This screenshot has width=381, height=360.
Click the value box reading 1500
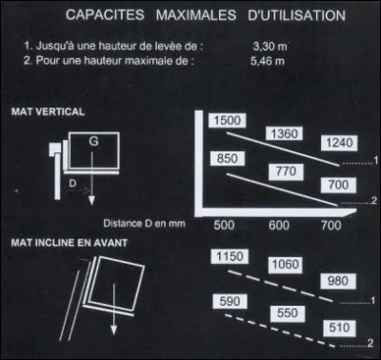[x=226, y=121]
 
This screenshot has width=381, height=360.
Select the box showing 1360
[x=284, y=134]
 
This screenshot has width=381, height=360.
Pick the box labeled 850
[x=228, y=158]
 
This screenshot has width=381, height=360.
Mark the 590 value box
[x=228, y=302]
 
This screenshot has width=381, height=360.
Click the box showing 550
[x=281, y=313]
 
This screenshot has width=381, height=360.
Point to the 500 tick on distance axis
[x=224, y=225]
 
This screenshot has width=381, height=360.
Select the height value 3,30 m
[x=270, y=46]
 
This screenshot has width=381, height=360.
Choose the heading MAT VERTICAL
[x=48, y=110]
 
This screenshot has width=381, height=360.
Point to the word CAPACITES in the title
[x=105, y=16]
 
